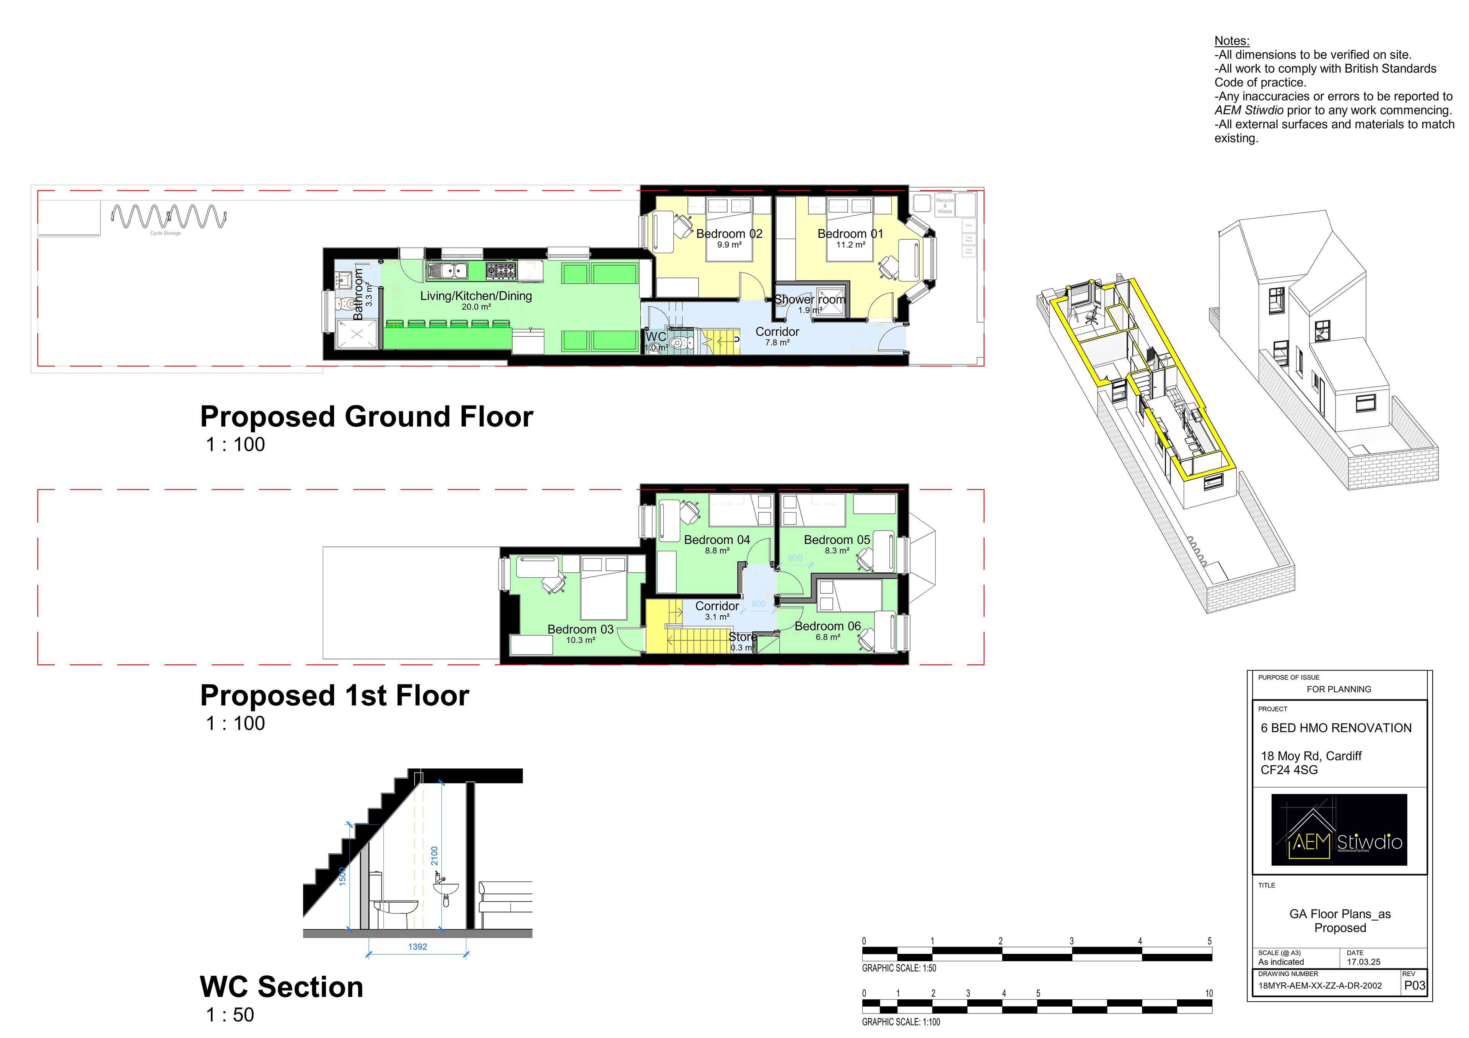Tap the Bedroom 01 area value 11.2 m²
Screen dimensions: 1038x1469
coord(850,245)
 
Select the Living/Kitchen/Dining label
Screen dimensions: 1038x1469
coord(476,296)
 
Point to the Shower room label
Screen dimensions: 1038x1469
coord(809,299)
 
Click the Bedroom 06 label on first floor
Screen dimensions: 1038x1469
coord(827,626)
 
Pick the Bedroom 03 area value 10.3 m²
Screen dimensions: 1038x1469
coord(580,640)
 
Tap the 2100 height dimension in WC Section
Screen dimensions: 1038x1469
coord(435,856)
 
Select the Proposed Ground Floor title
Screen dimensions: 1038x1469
coord(366,417)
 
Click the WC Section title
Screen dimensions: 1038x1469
coord(282,987)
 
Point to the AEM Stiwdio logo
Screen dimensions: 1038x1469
coord(1339,830)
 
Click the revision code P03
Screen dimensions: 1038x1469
coord(1415,986)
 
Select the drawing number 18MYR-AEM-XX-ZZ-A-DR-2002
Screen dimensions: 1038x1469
coord(1319,986)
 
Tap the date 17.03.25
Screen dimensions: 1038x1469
coord(1363,962)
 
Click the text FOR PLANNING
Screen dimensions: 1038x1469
coord(1339,689)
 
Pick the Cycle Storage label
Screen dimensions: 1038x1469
coord(165,234)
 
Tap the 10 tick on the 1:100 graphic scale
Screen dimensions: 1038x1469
coord(1208,993)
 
